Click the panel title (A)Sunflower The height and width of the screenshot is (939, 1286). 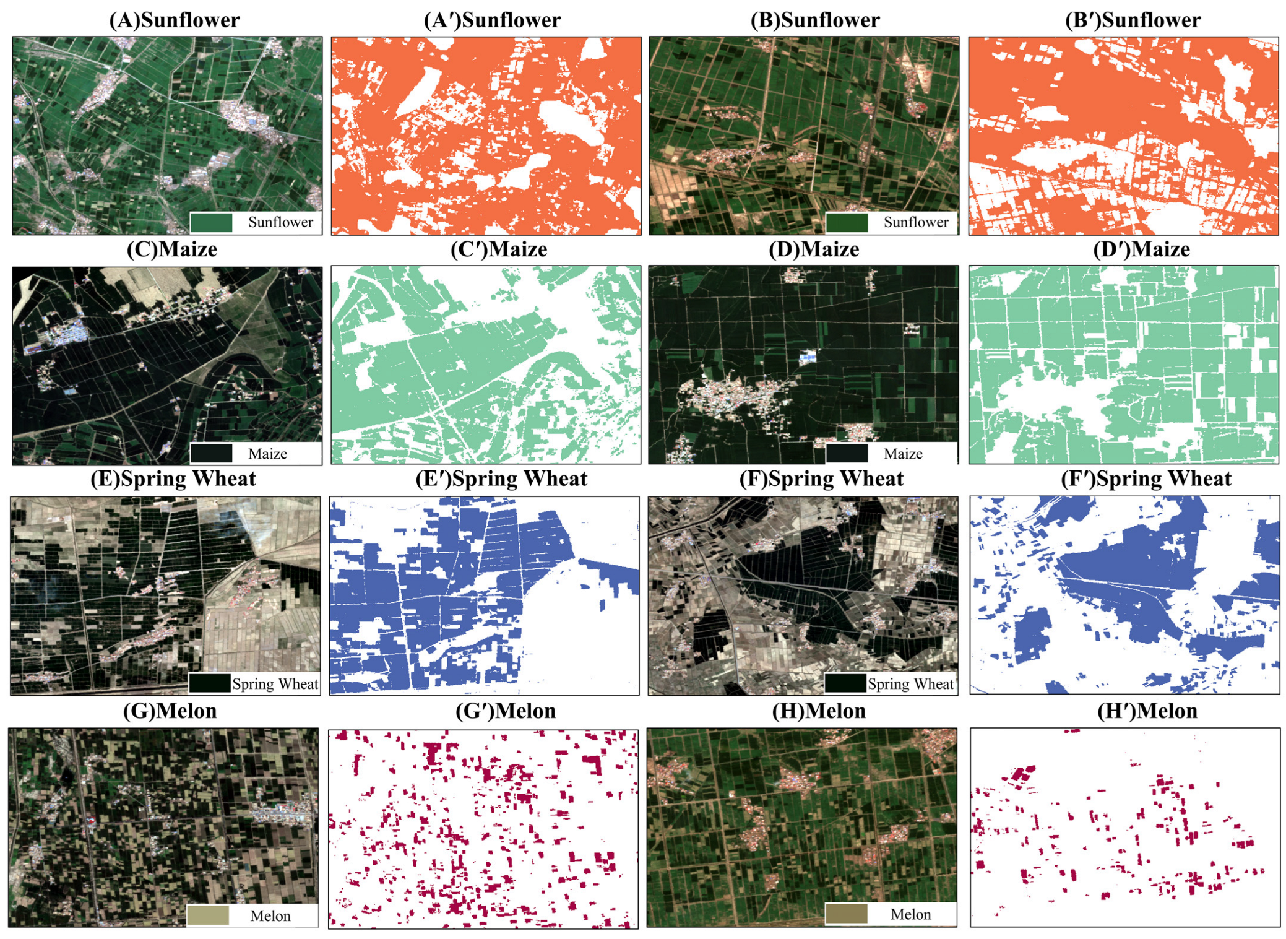pos(174,20)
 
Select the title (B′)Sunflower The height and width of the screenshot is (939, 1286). pos(1133,20)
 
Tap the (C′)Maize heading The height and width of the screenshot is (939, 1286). pos(498,249)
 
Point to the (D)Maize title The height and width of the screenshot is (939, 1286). pos(813,249)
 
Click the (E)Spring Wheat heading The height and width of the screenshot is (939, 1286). pos(173,478)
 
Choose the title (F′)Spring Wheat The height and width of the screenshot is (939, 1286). pos(1146,478)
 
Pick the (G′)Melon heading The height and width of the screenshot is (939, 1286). pos(505,711)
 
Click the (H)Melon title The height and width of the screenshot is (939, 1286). pos(818,711)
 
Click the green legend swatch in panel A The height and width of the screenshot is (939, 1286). pos(211,222)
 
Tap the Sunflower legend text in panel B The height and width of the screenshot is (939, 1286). pos(915,222)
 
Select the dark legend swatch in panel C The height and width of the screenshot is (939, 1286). pos(211,453)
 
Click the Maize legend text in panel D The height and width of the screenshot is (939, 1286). pos(902,454)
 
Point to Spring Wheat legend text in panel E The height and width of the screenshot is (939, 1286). pos(275,683)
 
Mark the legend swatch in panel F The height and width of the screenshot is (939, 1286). pos(845,683)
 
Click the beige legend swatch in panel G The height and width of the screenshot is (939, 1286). pos(208,915)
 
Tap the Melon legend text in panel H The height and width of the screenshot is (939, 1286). pos(910,914)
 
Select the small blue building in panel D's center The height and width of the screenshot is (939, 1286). pos(808,357)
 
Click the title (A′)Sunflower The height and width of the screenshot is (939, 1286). pos(492,20)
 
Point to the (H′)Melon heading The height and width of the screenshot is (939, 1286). pos(1147,711)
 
